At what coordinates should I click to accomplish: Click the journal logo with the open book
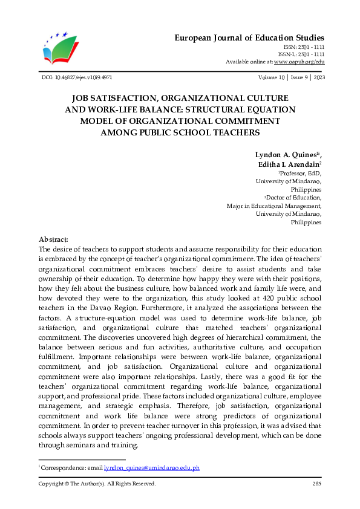pyautogui.click(x=61, y=48)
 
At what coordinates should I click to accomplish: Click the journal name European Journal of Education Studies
pyautogui.click(x=249, y=37)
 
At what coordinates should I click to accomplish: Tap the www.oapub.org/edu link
pyautogui.click(x=299, y=62)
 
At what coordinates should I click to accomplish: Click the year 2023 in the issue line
pyautogui.click(x=316, y=78)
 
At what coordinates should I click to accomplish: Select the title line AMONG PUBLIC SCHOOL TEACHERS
pyautogui.click(x=180, y=132)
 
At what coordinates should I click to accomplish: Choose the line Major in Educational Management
pyautogui.click(x=274, y=206)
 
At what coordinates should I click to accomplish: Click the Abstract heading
pyautogui.click(x=53, y=239)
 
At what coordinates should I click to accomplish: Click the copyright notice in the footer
pyautogui.click(x=97, y=484)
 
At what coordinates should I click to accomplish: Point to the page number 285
pyautogui.click(x=316, y=484)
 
